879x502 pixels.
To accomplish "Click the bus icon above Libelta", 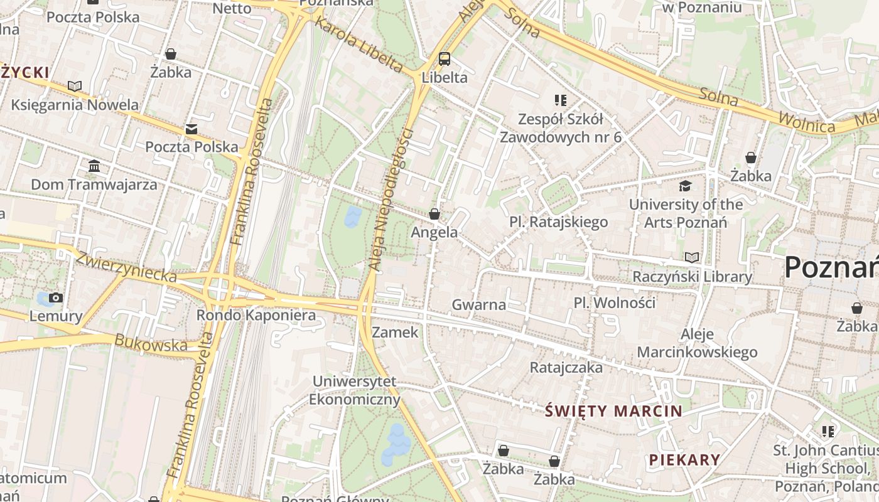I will click(x=445, y=59).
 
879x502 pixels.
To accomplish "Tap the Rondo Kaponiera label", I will click(x=256, y=315).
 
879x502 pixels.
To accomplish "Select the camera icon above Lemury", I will click(x=56, y=297).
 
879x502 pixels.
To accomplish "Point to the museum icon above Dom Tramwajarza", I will click(x=94, y=166).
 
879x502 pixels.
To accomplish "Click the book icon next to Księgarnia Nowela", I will click(x=75, y=86).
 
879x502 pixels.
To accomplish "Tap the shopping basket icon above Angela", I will click(x=434, y=214).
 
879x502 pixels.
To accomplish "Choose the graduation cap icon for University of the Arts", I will click(x=686, y=186).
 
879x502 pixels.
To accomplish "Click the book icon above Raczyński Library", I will click(x=691, y=258).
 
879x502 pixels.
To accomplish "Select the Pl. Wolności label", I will click(x=614, y=302).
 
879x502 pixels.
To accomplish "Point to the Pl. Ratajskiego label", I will click(x=558, y=222).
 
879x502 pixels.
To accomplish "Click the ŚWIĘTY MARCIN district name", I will click(x=613, y=412).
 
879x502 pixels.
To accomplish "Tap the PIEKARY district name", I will click(x=684, y=459).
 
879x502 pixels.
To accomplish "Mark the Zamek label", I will click(x=395, y=332).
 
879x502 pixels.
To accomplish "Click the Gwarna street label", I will click(x=478, y=305).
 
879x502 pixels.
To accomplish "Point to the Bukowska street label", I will click(x=151, y=343).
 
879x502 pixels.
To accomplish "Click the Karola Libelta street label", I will click(x=359, y=45).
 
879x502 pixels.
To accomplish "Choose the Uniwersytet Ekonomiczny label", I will click(x=355, y=390).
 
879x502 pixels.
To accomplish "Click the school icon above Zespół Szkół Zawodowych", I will click(x=561, y=100).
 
